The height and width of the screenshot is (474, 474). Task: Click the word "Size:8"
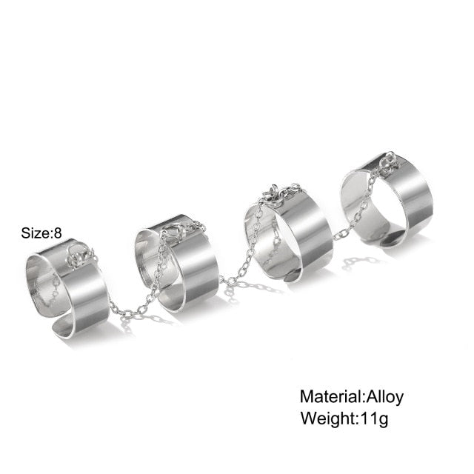pos(41,233)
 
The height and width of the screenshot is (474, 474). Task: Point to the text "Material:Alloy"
pos(351,396)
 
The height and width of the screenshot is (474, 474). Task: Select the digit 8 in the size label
pos(58,233)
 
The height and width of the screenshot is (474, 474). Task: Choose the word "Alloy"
pos(384,396)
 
